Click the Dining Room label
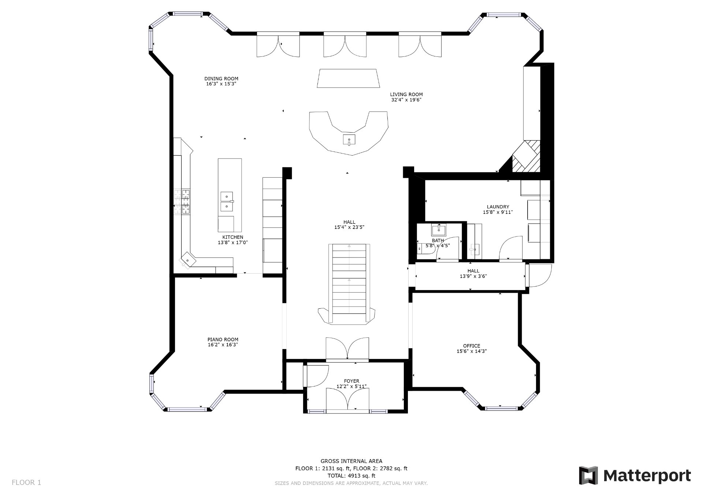click(221, 78)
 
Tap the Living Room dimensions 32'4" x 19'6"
click(406, 100)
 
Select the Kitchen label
click(233, 237)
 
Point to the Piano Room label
click(223, 340)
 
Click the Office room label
click(472, 346)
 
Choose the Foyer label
click(351, 381)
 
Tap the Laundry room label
click(498, 207)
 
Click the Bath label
click(438, 241)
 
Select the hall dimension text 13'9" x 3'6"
click(473, 277)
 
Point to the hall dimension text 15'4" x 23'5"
click(349, 227)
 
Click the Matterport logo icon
click(588, 475)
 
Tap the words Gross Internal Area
click(351, 461)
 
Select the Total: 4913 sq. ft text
click(351, 476)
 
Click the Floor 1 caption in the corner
click(26, 482)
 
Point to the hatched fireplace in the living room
click(526, 156)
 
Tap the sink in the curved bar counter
click(349, 140)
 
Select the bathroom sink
click(438, 230)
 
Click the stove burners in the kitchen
click(182, 202)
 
